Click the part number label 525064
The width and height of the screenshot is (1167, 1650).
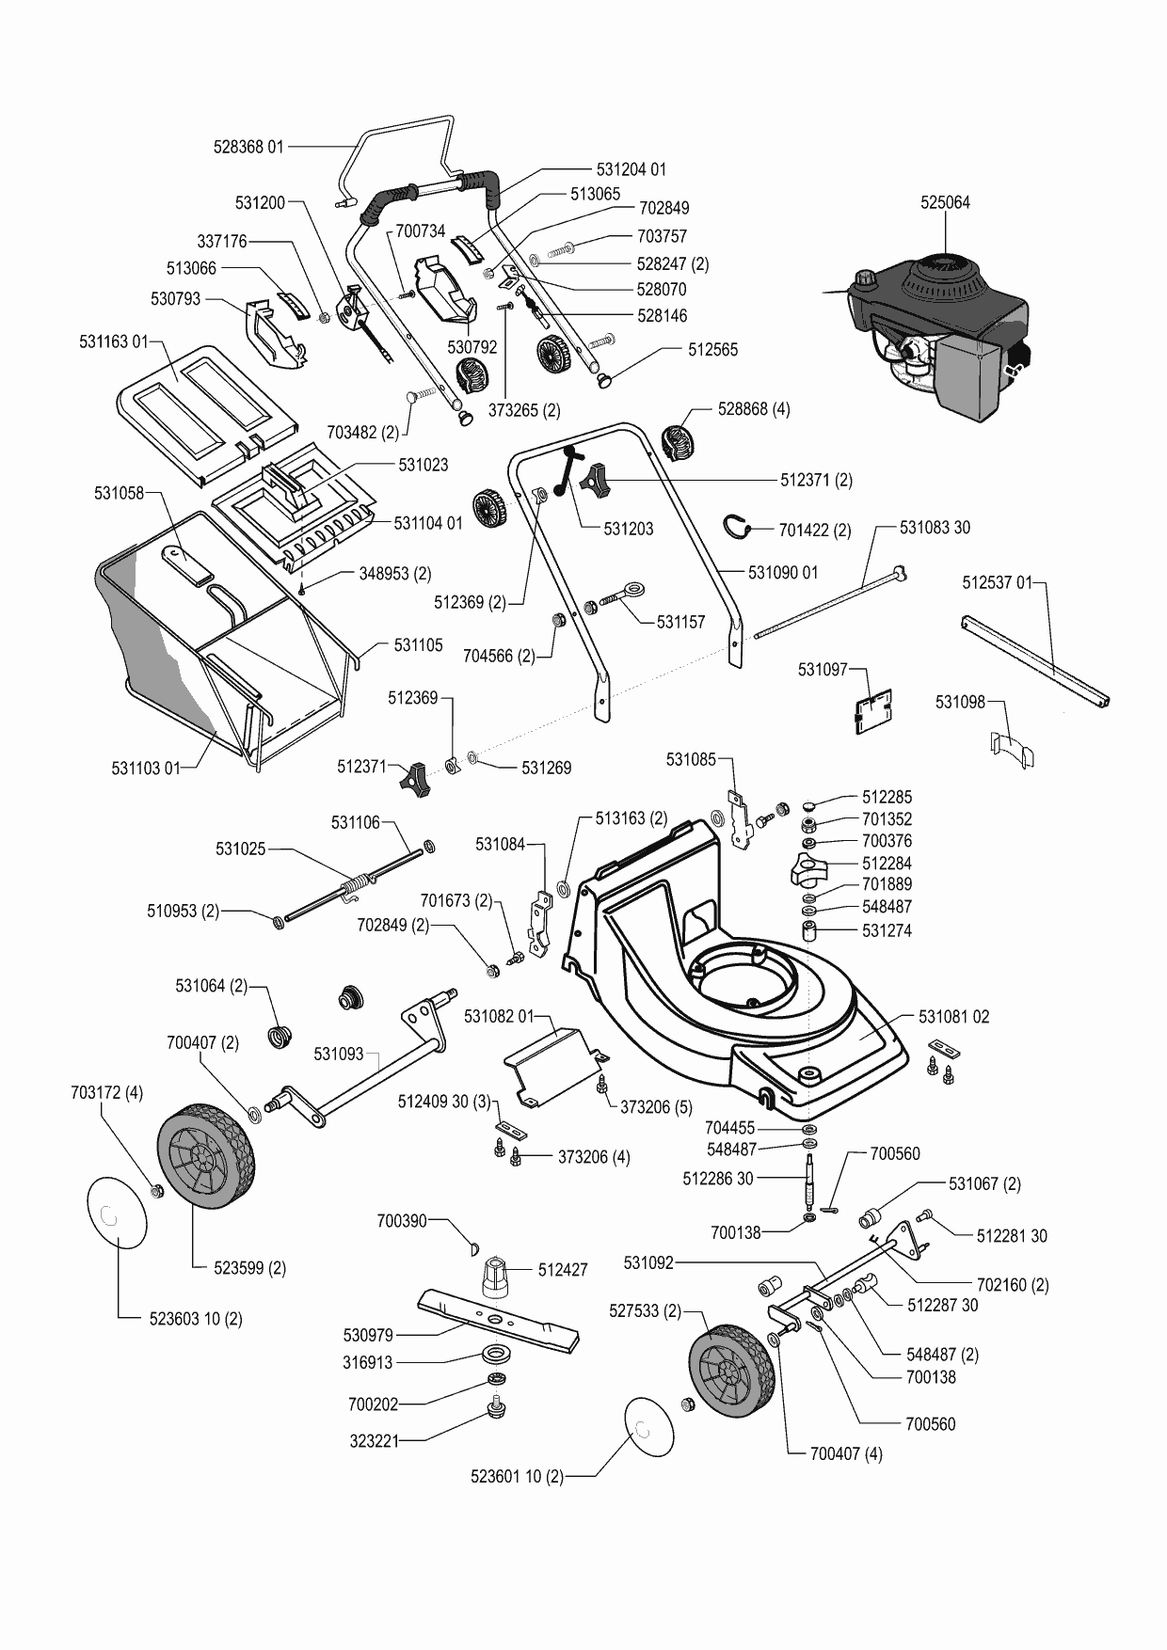click(x=945, y=202)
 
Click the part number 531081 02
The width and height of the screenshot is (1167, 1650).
click(x=953, y=1017)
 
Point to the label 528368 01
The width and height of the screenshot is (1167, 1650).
click(x=248, y=147)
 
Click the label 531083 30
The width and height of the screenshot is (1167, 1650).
click(x=935, y=528)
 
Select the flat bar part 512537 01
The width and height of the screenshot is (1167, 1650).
click(x=1035, y=659)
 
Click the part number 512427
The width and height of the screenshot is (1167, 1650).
click(x=563, y=1270)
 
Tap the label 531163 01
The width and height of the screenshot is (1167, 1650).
click(x=114, y=342)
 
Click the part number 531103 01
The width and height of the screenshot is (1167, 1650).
click(x=146, y=769)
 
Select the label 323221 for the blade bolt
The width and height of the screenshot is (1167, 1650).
click(x=374, y=1440)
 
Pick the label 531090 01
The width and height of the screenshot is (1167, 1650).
click(x=783, y=572)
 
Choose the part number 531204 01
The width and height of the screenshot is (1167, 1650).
click(x=631, y=170)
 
